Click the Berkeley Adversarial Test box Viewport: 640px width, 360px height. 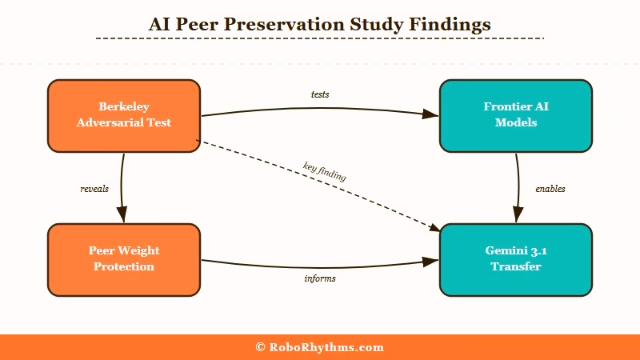click(124, 115)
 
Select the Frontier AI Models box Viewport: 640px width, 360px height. click(516, 115)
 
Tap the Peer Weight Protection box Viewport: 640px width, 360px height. click(124, 259)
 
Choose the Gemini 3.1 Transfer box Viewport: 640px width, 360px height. click(516, 259)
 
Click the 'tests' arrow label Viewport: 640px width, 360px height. click(320, 94)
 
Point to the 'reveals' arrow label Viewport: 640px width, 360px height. click(94, 189)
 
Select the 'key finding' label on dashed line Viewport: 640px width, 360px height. click(324, 172)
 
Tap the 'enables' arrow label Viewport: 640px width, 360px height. click(550, 189)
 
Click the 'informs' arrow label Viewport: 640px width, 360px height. click(320, 278)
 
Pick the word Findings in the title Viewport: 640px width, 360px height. click(449, 25)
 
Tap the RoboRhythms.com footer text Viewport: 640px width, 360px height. click(326, 347)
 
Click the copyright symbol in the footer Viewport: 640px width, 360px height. click(260, 347)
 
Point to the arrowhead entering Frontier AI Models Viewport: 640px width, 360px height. click(432, 115)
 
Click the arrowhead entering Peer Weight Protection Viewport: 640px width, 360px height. click(122, 215)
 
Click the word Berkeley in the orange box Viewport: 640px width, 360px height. click(124, 106)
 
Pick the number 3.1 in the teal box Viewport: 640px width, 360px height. click(537, 250)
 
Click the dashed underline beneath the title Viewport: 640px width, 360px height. click(320, 38)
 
